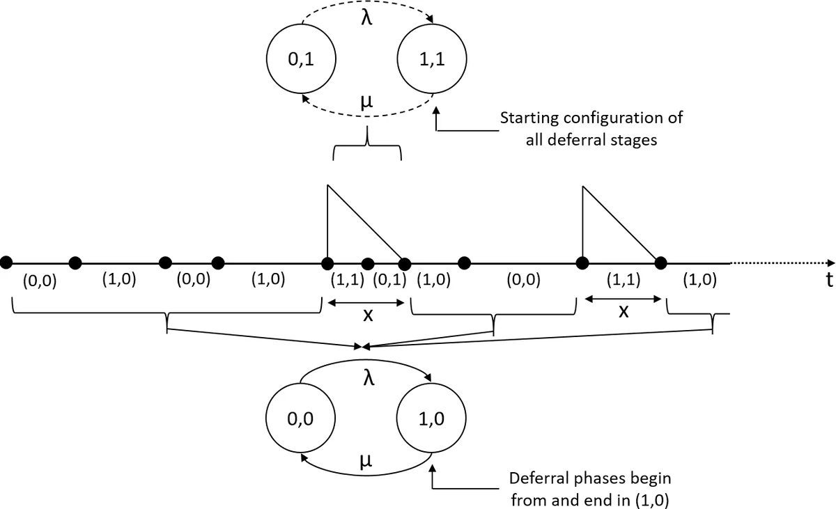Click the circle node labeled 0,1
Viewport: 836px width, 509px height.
click(x=301, y=60)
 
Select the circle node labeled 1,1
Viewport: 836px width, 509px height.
click(x=432, y=60)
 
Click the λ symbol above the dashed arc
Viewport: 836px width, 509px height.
click(x=367, y=16)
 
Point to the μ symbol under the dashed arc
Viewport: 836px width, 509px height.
click(x=367, y=101)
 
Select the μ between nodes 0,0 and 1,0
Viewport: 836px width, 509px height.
click(x=367, y=460)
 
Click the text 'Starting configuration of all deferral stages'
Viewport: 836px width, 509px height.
click(x=591, y=128)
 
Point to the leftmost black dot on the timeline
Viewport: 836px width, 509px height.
click(x=6, y=262)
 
